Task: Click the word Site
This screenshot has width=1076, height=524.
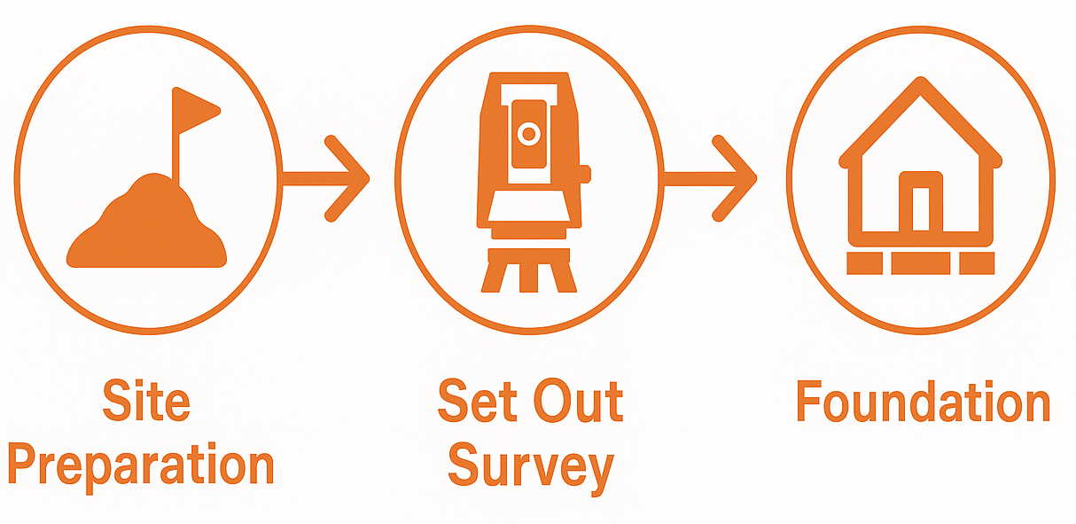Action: pyautogui.click(x=146, y=401)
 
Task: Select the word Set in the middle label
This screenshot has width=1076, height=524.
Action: pyautogui.click(x=477, y=401)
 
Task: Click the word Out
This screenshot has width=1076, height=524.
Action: pyautogui.click(x=579, y=401)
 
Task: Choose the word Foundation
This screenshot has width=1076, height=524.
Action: pyautogui.click(x=923, y=402)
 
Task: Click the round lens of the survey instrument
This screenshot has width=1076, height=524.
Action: pyautogui.click(x=529, y=134)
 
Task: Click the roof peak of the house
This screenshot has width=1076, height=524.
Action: pyautogui.click(x=920, y=85)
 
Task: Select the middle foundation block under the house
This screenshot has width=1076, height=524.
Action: pyautogui.click(x=921, y=263)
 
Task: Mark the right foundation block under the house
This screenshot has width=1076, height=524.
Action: pyautogui.click(x=977, y=263)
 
